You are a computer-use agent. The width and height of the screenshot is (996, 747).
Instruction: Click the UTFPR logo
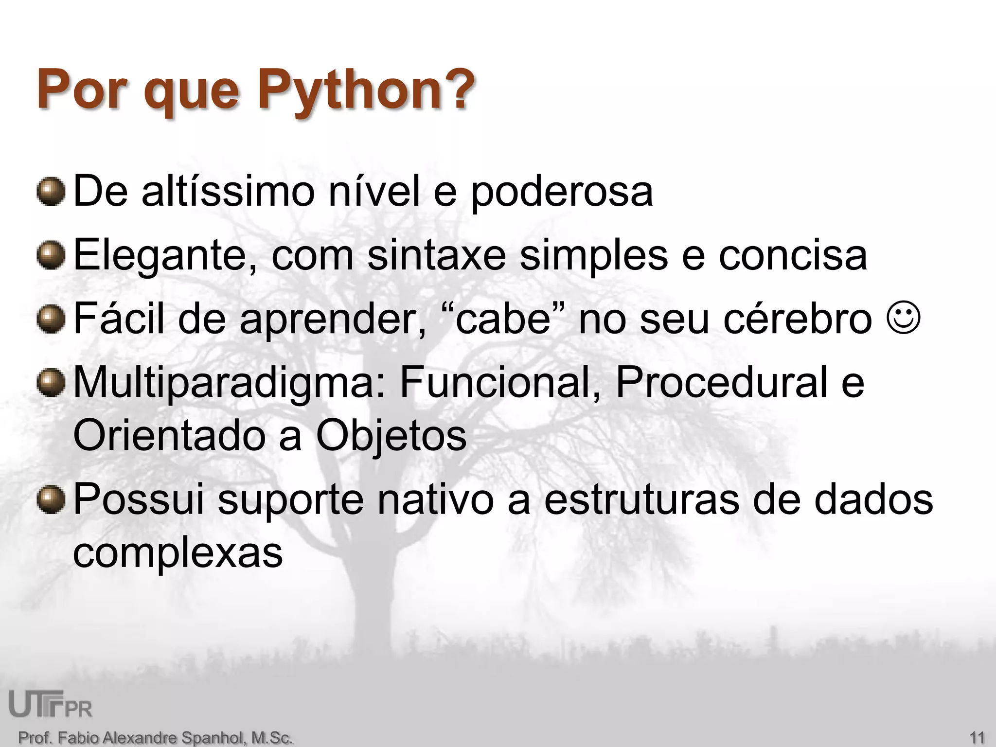coord(51,704)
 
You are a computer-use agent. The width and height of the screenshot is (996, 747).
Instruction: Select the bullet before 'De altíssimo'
coord(51,192)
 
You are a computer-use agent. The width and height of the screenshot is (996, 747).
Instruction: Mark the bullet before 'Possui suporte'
coord(51,499)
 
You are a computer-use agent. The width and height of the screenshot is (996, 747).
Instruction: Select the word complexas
coord(178,553)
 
